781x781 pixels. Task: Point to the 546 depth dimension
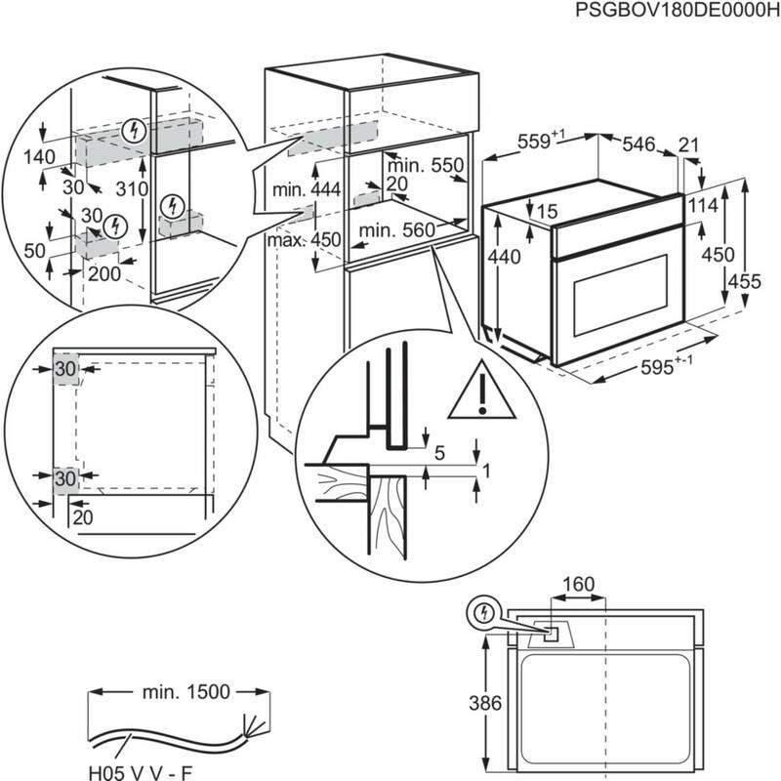click(638, 144)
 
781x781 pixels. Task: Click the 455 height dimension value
click(748, 281)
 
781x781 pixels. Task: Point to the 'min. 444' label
click(306, 189)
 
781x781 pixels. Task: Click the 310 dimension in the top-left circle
click(130, 188)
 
